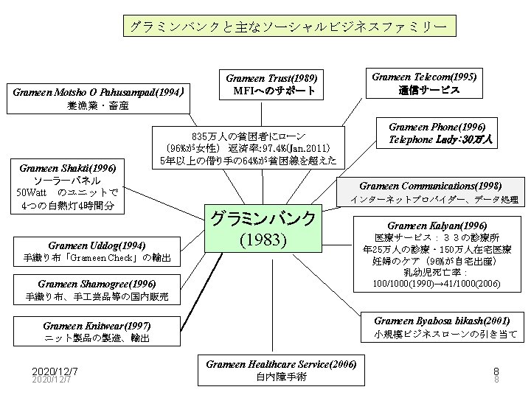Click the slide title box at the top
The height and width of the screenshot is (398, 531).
click(x=289, y=27)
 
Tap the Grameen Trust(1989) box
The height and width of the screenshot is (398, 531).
click(x=271, y=85)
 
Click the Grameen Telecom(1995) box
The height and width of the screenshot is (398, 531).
click(x=424, y=83)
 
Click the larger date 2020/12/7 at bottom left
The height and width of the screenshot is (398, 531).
click(x=55, y=371)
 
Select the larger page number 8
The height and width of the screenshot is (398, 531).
click(x=496, y=371)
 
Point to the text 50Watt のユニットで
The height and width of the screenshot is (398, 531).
click(x=66, y=193)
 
